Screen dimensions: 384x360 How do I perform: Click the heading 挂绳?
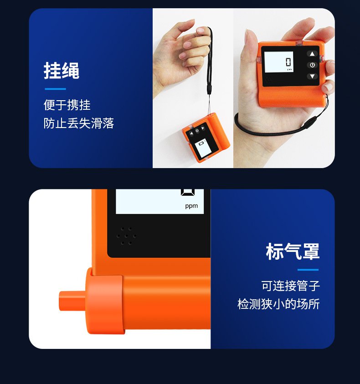62,71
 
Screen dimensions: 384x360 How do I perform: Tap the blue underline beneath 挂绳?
55,89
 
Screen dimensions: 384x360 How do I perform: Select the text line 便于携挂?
67,105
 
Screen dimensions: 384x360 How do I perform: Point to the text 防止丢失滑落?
78,123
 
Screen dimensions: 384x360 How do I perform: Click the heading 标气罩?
293,251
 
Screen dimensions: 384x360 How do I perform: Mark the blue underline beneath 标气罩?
308,270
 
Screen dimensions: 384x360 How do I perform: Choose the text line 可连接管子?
290,286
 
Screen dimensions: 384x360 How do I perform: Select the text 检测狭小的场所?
278,304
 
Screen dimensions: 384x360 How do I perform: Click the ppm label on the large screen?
191,206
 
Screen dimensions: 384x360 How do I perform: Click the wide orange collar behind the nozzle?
104,304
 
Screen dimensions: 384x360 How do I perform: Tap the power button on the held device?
312,65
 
